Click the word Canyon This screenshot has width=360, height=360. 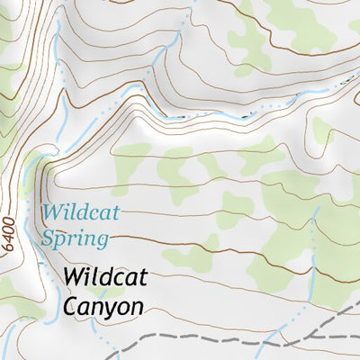coord(103,306)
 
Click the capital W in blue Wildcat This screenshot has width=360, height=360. coord(50,214)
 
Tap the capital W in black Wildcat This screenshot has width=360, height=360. coord(75,277)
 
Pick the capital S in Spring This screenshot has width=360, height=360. coord(48,238)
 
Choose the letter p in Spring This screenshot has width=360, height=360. coord(60,242)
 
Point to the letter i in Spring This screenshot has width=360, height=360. coord(80,238)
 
